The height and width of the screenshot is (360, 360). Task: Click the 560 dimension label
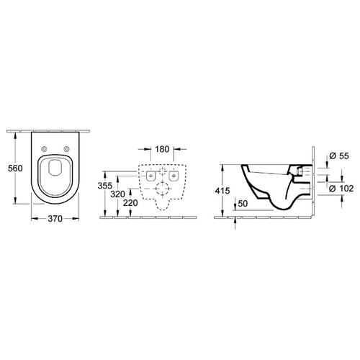(15, 168)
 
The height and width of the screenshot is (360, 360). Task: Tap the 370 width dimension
(55, 219)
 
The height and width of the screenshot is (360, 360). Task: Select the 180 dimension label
(162, 149)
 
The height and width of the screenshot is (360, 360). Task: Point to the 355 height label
(105, 186)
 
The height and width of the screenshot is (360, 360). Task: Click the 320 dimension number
(117, 194)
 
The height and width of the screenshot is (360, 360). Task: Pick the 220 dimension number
(130, 203)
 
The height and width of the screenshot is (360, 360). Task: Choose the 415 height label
(222, 191)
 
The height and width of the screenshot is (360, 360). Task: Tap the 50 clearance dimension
(243, 204)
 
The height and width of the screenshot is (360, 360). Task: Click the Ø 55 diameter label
(339, 156)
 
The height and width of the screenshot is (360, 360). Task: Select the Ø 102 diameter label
(341, 189)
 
